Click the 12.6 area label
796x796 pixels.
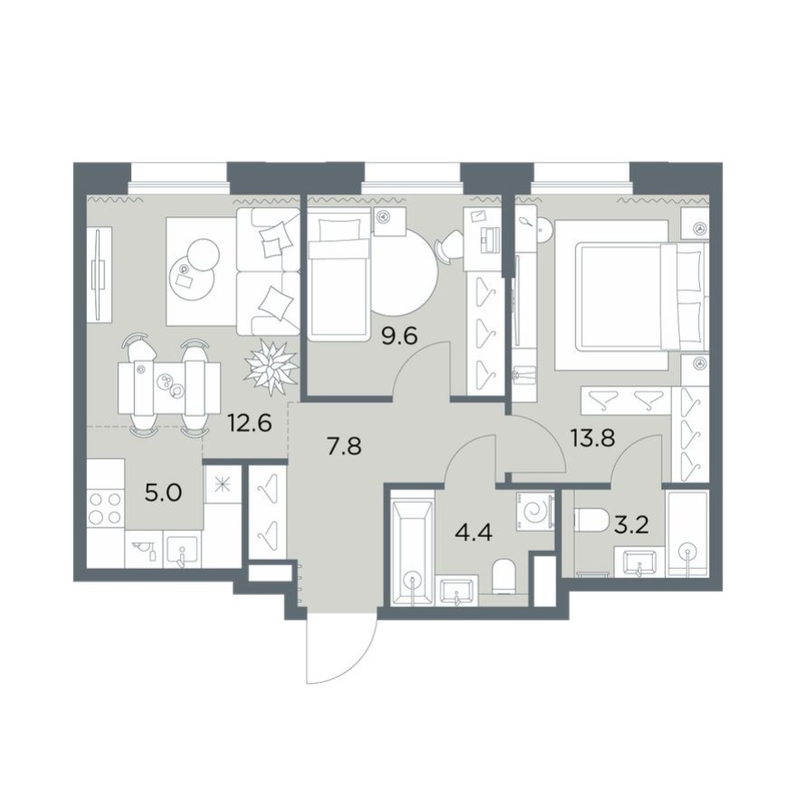pyautogui.click(x=250, y=422)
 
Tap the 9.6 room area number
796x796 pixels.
pyautogui.click(x=400, y=336)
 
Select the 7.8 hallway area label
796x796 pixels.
pyautogui.click(x=345, y=447)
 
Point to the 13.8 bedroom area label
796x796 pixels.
pyautogui.click(x=593, y=438)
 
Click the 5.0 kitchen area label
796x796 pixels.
pyautogui.click(x=163, y=492)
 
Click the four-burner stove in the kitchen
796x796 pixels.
pyautogui.click(x=106, y=508)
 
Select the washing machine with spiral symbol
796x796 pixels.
pyautogui.click(x=535, y=511)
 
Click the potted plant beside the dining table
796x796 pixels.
pyautogui.click(x=271, y=366)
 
